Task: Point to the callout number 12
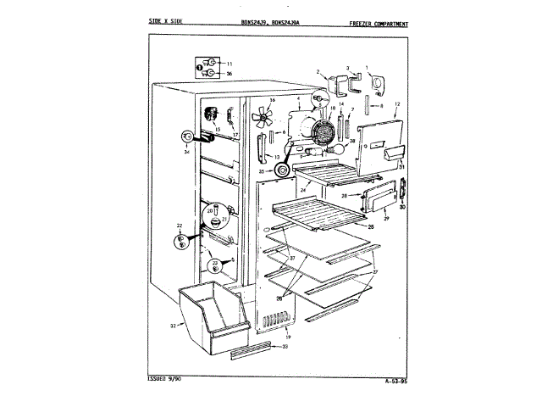point(396,103)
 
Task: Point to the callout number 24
point(302,189)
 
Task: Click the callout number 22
point(180,226)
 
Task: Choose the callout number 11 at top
point(229,64)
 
